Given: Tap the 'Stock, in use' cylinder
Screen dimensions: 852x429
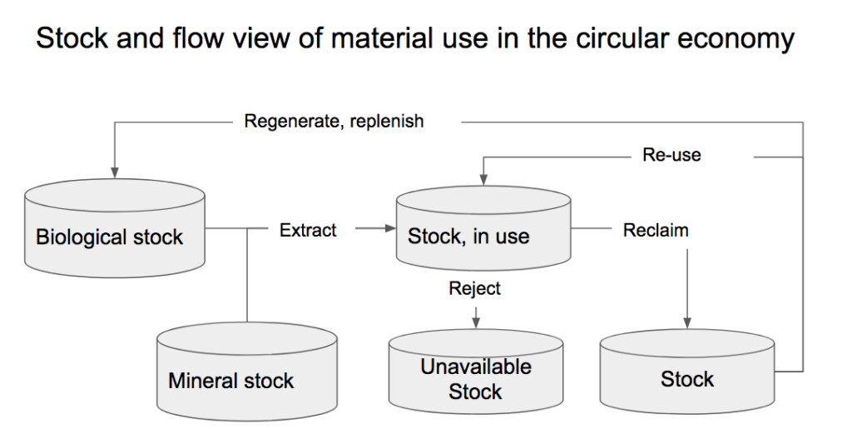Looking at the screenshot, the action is click(x=483, y=227).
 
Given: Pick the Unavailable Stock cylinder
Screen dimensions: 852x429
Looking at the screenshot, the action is click(x=476, y=372).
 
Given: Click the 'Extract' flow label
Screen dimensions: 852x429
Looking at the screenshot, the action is click(x=308, y=230).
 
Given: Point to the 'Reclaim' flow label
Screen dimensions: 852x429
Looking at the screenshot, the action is click(x=656, y=230).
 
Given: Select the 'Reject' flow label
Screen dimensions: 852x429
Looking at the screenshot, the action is click(x=474, y=288).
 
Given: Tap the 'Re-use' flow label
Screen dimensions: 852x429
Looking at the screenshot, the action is click(x=671, y=155).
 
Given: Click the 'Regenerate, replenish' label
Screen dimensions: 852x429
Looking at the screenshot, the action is click(x=334, y=121).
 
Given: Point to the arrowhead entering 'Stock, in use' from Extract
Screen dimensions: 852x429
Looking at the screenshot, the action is click(x=391, y=228).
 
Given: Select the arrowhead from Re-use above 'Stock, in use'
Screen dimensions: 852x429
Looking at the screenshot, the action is click(x=483, y=180).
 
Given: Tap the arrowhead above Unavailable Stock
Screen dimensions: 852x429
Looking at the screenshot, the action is click(x=476, y=323).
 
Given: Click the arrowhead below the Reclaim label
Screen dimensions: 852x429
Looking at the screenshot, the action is click(x=686, y=323).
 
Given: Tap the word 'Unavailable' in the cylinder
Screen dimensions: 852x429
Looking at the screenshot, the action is click(x=476, y=367).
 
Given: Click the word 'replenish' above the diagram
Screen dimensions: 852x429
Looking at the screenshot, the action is click(x=387, y=122).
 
